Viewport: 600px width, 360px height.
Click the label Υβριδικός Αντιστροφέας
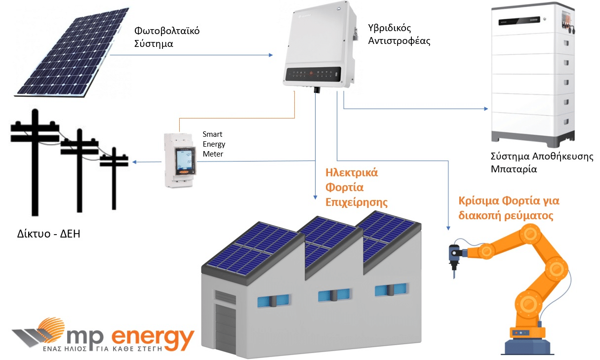pos(399,34)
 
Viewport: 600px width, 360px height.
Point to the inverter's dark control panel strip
pos(314,74)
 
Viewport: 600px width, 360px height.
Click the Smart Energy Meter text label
pos(214,144)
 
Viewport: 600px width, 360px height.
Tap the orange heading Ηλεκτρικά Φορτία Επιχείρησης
pos(352,188)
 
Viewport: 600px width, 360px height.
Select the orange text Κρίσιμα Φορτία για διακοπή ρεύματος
pos(508,208)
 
